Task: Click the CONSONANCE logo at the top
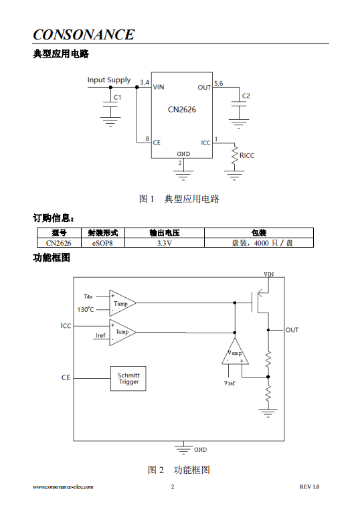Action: [84, 35]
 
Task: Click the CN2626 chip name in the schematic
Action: [181, 110]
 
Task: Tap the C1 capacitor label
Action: [118, 98]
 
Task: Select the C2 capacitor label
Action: [246, 96]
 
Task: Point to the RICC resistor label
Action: [247, 156]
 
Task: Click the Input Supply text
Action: [109, 80]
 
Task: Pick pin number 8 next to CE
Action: [147, 139]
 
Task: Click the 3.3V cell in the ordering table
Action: [164, 243]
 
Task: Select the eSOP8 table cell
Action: [102, 243]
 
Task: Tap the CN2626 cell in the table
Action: [59, 243]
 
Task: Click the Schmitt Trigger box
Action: [128, 378]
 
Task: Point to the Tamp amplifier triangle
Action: [122, 303]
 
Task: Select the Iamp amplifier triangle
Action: [122, 333]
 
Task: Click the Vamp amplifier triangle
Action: [235, 353]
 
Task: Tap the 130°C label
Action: [86, 309]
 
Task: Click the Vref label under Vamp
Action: [230, 383]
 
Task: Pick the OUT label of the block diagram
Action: [292, 330]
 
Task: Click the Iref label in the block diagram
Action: [100, 335]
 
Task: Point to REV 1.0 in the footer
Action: [309, 487]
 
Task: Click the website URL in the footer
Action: [63, 487]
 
